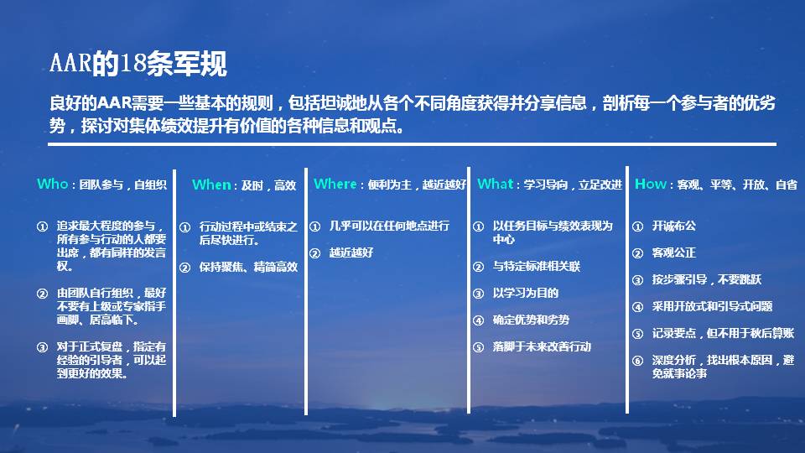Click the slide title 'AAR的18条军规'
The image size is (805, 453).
pyautogui.click(x=138, y=64)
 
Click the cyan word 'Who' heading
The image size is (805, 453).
pyautogui.click(x=52, y=184)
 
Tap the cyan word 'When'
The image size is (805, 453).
pyautogui.click(x=212, y=185)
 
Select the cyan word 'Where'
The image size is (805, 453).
pyautogui.click(x=335, y=184)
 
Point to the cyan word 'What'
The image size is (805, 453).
pyautogui.click(x=496, y=184)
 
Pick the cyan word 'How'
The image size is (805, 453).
pyautogui.click(x=651, y=184)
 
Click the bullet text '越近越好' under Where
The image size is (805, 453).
pyautogui.click(x=351, y=253)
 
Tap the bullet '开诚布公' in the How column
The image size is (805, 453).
pyautogui.click(x=674, y=226)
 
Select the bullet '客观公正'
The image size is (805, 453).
pyautogui.click(x=674, y=253)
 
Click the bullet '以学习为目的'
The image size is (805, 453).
pyautogui.click(x=526, y=293)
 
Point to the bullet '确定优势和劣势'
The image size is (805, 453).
pyautogui.click(x=531, y=320)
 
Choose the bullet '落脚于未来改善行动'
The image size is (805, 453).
pyautogui.click(x=543, y=346)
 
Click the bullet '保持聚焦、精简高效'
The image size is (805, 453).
pyautogui.click(x=248, y=268)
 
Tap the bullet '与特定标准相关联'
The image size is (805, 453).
pyautogui.click(x=537, y=266)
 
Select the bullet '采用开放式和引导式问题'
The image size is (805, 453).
pyautogui.click(x=713, y=306)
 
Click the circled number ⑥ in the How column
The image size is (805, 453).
pyautogui.click(x=637, y=361)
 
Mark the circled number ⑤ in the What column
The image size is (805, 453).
pyautogui.click(x=478, y=346)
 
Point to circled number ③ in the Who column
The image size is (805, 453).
pyautogui.click(x=42, y=346)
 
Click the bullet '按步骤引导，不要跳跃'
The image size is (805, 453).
pyautogui.click(x=707, y=279)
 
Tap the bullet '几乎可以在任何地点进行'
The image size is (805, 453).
pyautogui.click(x=389, y=226)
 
